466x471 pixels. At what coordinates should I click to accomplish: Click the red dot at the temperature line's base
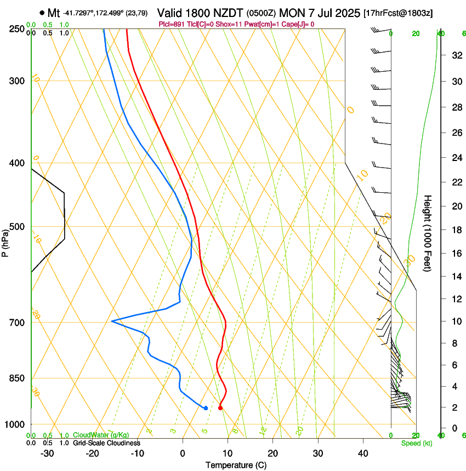[x=220, y=407]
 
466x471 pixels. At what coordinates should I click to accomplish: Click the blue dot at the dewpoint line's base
[x=206, y=407]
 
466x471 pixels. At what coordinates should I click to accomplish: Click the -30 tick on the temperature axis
[x=47, y=453]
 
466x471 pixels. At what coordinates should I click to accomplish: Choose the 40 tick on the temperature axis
[x=362, y=453]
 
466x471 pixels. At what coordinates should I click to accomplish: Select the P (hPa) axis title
[x=5, y=241]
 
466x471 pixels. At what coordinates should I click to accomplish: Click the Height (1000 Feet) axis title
[x=428, y=233]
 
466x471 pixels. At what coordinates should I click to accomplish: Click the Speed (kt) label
[x=416, y=443]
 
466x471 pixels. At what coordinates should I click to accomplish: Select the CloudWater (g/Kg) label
[x=98, y=435]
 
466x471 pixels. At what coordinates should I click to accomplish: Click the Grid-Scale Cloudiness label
[x=106, y=443]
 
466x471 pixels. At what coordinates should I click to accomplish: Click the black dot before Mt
[x=42, y=12]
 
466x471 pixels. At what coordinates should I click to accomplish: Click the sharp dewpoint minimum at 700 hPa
[x=112, y=321]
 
